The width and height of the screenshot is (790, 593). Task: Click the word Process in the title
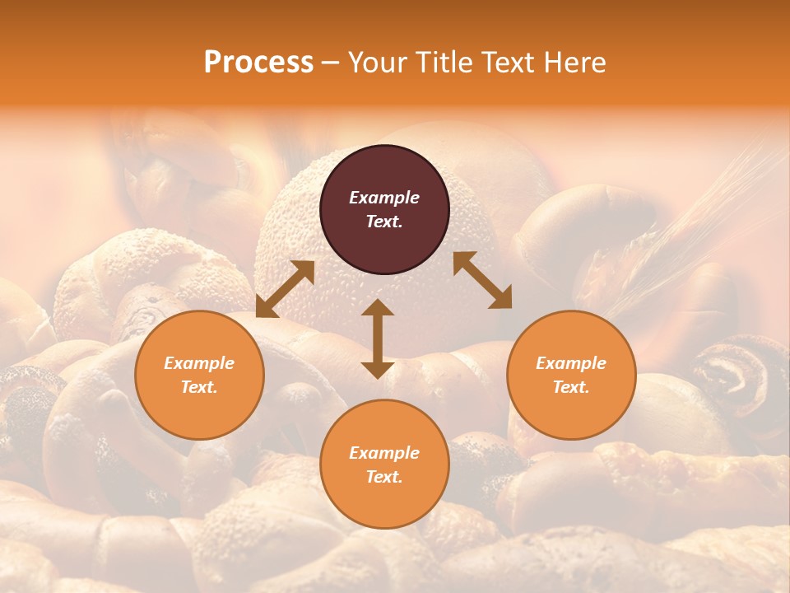pyautogui.click(x=258, y=63)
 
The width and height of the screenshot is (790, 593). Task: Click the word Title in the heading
pyautogui.click(x=444, y=63)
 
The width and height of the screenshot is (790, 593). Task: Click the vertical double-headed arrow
pyautogui.click(x=378, y=339)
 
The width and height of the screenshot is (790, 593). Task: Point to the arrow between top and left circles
pyautogui.click(x=285, y=290)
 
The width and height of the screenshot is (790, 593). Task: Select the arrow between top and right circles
pyautogui.click(x=482, y=280)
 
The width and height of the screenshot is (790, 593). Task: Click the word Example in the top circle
pyautogui.click(x=384, y=198)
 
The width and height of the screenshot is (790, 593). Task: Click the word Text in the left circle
pyautogui.click(x=199, y=387)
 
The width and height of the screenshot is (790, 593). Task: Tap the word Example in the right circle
pyautogui.click(x=571, y=363)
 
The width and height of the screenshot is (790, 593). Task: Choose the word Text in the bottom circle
pyautogui.click(x=384, y=477)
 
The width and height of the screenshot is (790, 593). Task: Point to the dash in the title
pyautogui.click(x=331, y=63)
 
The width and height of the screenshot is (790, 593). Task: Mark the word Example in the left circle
pyautogui.click(x=199, y=363)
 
